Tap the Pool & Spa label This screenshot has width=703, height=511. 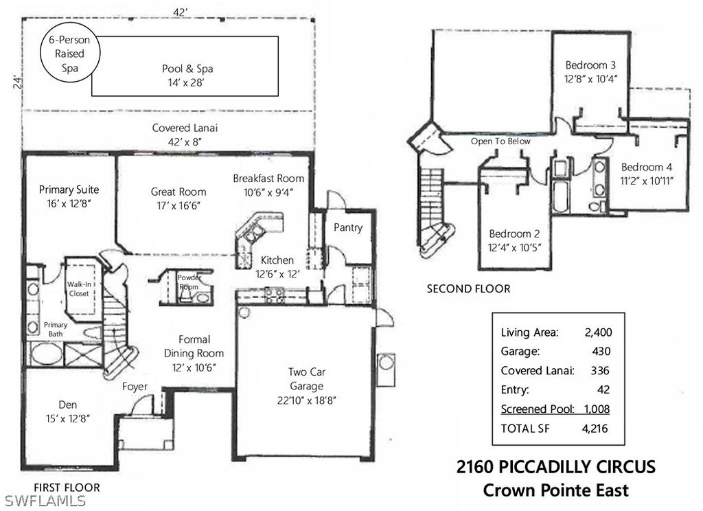[187, 69]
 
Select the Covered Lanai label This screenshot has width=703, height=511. [185, 128]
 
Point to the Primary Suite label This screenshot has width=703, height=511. [69, 190]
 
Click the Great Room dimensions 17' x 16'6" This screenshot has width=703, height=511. [178, 206]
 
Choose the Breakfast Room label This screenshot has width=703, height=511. [268, 178]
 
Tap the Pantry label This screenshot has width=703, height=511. [348, 227]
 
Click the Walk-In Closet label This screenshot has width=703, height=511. [79, 289]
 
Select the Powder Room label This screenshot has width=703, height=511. [189, 282]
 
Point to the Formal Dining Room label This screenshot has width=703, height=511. [194, 346]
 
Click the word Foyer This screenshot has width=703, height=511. [135, 387]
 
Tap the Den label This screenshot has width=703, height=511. [68, 405]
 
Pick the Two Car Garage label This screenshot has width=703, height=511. [307, 379]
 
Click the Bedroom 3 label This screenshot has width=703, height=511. [590, 65]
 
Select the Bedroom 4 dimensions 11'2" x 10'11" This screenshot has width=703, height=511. [647, 181]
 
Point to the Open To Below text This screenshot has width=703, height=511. [500, 141]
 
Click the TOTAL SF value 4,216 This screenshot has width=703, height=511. [595, 429]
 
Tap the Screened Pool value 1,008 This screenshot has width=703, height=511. [597, 409]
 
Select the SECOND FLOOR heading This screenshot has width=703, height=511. [468, 289]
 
